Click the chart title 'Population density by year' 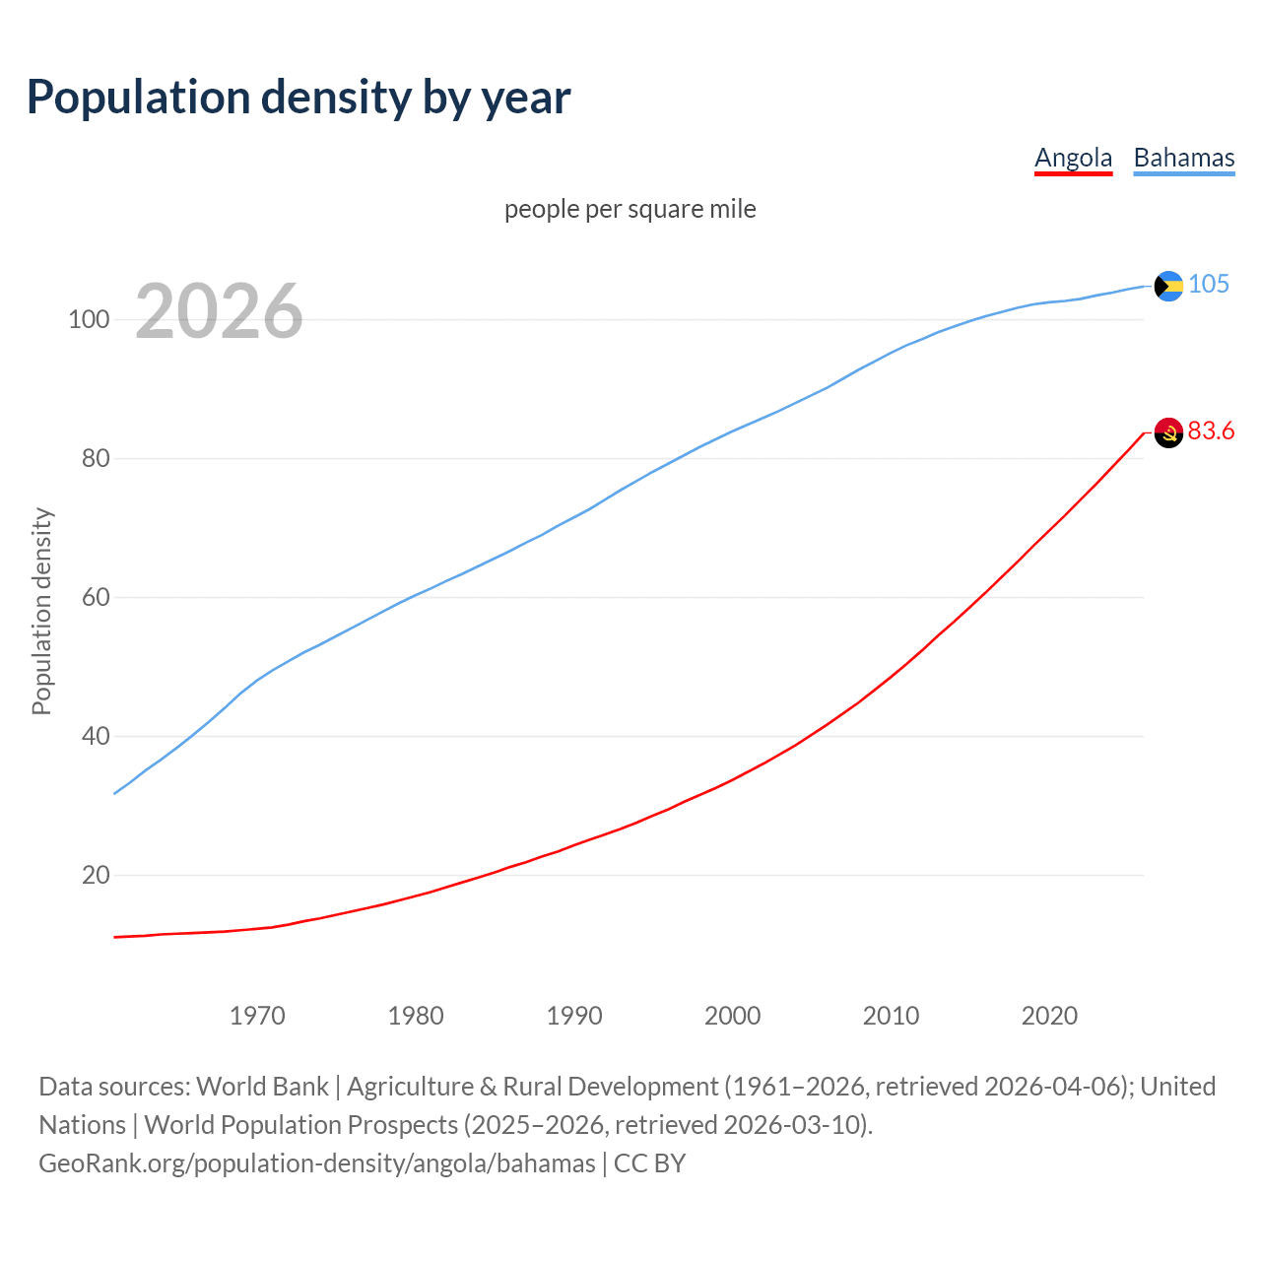pyautogui.click(x=299, y=98)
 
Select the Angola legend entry pyautogui.click(x=1073, y=158)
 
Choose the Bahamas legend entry pyautogui.click(x=1183, y=158)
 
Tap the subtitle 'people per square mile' pyautogui.click(x=630, y=209)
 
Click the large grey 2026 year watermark pyautogui.click(x=219, y=311)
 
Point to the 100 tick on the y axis pyautogui.click(x=89, y=320)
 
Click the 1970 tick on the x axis pyautogui.click(x=257, y=1016)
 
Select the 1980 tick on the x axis pyautogui.click(x=416, y=1016)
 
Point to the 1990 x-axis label pyautogui.click(x=574, y=1016)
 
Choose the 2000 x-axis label pyautogui.click(x=732, y=1016)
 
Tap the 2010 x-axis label pyautogui.click(x=891, y=1016)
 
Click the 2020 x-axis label pyautogui.click(x=1049, y=1016)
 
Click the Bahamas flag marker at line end pyautogui.click(x=1168, y=286)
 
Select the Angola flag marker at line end pyautogui.click(x=1168, y=432)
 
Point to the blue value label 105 pyautogui.click(x=1209, y=285)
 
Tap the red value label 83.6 pyautogui.click(x=1211, y=431)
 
